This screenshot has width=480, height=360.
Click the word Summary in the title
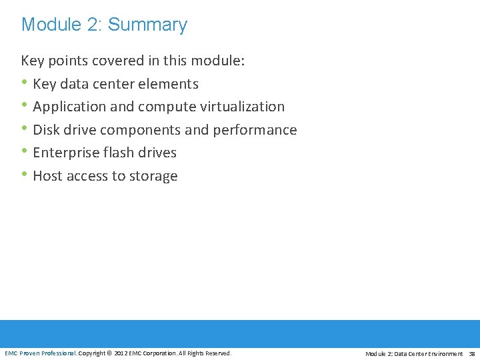[x=147, y=25]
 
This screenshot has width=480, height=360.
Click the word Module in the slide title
[x=46, y=25]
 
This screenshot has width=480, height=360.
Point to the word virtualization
[x=242, y=107]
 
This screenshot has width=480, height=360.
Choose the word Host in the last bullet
[x=47, y=176]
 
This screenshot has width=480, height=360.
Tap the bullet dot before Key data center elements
[x=25, y=83]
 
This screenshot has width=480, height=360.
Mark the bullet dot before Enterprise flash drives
[x=25, y=152]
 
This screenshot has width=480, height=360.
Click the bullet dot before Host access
[x=25, y=175]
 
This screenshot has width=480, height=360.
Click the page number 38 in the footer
[x=471, y=353]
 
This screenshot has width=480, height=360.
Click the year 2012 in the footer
[x=121, y=353]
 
